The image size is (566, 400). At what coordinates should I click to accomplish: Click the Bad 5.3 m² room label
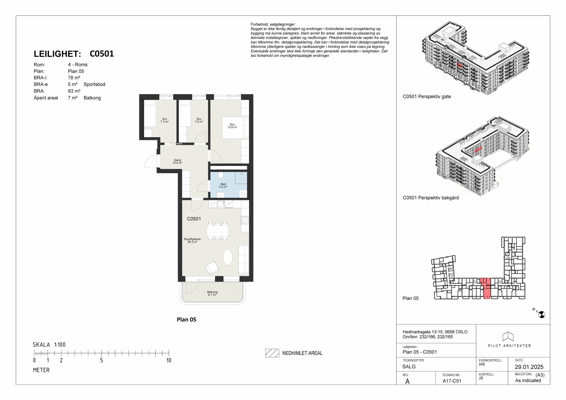(x=223, y=185)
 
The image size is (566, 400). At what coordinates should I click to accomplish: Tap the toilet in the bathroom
(x=220, y=175)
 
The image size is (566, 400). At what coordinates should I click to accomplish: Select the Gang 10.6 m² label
(x=177, y=162)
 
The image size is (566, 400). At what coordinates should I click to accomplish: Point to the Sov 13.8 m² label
(x=232, y=126)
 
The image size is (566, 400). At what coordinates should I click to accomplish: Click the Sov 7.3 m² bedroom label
(x=165, y=120)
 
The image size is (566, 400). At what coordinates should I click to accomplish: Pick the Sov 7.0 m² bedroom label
(x=199, y=120)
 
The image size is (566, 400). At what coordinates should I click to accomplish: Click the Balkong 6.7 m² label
(x=212, y=293)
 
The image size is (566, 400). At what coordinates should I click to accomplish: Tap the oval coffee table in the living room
(x=228, y=257)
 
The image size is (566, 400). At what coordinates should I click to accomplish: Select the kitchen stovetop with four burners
(x=245, y=220)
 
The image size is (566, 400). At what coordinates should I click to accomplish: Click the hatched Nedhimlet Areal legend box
(x=272, y=353)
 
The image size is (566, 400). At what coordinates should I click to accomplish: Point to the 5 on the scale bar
(x=101, y=360)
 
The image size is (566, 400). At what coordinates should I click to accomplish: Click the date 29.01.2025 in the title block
(x=529, y=367)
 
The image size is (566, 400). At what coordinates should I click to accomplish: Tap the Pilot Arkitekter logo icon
(x=508, y=336)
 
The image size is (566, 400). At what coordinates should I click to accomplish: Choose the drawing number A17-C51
(x=452, y=381)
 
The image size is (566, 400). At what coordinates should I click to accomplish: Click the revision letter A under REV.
(x=407, y=381)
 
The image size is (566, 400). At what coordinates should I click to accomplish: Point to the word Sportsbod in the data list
(x=95, y=84)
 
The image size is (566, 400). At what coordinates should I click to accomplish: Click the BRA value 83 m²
(x=74, y=91)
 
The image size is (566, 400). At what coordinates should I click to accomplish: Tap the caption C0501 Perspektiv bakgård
(x=431, y=198)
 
